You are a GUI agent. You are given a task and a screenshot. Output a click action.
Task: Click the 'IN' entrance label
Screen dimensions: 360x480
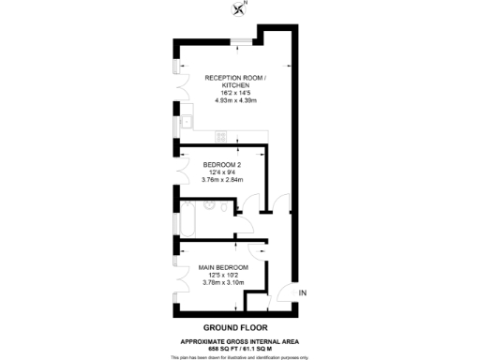pyautogui.click(x=302, y=294)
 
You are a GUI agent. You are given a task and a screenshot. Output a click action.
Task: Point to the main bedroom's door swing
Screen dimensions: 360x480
pyautogui.click(x=257, y=248)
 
